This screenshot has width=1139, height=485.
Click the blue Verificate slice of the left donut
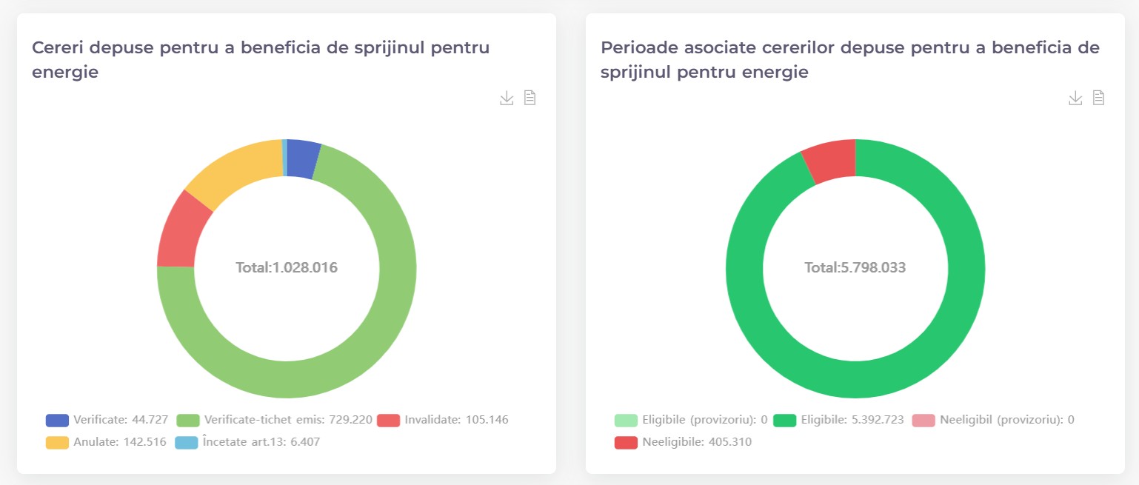coord(302,158)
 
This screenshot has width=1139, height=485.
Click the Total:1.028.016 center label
coord(287,268)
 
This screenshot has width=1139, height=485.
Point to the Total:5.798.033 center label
coord(855,268)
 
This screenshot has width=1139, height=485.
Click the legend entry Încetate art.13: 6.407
coord(247,443)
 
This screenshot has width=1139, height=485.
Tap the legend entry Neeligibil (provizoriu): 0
coord(992,420)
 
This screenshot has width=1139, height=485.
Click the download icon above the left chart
coord(507,98)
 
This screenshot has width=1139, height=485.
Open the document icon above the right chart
coord(1099,98)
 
